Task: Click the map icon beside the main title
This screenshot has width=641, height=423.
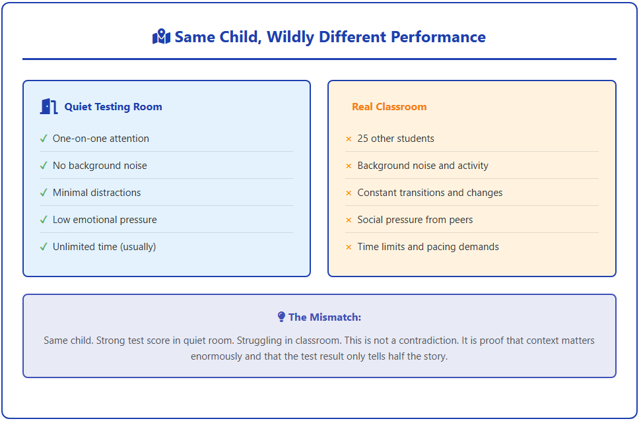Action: click(x=161, y=37)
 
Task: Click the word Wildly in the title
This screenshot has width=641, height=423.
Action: click(x=290, y=37)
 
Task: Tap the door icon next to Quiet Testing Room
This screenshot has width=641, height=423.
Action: click(x=49, y=107)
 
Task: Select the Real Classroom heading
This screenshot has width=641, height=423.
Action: click(x=389, y=107)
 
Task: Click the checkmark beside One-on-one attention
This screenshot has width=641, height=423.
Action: click(x=44, y=139)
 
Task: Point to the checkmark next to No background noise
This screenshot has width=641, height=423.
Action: click(x=44, y=166)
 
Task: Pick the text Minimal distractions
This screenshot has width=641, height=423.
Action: click(x=97, y=193)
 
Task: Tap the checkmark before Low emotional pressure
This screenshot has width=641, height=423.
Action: click(x=44, y=220)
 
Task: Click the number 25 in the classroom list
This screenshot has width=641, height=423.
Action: click(x=362, y=139)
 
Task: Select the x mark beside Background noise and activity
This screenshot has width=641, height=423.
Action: click(x=349, y=166)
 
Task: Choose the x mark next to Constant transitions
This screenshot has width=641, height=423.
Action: click(x=349, y=193)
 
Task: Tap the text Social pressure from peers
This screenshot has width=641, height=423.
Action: click(x=415, y=220)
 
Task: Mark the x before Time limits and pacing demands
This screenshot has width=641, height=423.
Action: click(x=349, y=247)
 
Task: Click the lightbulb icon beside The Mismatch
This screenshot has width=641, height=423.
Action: click(x=281, y=317)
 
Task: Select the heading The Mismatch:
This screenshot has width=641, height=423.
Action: click(x=325, y=317)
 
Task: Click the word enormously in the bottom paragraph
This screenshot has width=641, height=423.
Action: click(x=217, y=356)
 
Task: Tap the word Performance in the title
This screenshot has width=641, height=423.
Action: click(x=438, y=37)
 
